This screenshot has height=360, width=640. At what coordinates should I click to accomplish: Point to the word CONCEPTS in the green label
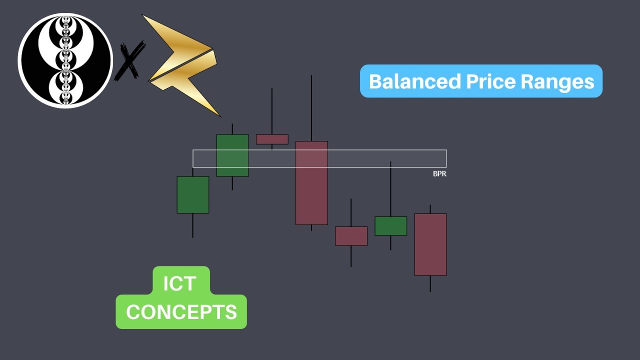point(181,312)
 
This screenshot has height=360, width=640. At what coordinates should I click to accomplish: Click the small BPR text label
point(439,174)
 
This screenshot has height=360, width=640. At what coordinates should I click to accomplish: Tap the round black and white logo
point(65,60)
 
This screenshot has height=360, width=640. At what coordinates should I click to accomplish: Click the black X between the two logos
point(129,61)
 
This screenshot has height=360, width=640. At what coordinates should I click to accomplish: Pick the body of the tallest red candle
point(311,183)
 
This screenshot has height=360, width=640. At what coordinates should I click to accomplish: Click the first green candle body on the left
point(192,194)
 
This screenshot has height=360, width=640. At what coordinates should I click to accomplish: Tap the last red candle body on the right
point(430,244)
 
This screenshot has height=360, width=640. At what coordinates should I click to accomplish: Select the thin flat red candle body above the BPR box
point(272,139)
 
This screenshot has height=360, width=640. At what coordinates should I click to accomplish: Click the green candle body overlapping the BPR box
point(232,155)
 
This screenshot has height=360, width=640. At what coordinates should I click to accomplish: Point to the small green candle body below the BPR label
point(390,226)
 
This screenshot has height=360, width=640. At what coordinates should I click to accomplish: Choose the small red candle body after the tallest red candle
point(351,236)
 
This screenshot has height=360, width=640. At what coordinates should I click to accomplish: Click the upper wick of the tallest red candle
point(311,107)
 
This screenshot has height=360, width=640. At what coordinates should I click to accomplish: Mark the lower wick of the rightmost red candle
point(430,283)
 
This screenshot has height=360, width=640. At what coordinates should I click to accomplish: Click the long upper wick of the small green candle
point(390,189)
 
